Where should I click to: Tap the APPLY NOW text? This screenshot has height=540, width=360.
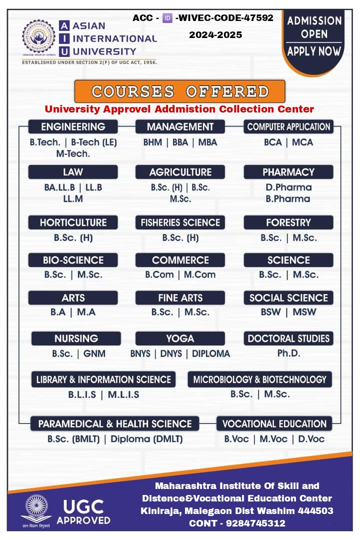(314, 51)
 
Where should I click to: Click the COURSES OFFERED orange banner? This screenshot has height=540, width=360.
(179, 91)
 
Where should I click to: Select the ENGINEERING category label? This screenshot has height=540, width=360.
(73, 126)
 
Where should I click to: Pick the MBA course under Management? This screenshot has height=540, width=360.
(207, 142)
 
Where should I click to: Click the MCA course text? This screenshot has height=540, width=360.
(302, 142)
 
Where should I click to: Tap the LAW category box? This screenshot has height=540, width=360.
(73, 172)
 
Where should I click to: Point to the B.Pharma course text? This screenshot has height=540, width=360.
(288, 198)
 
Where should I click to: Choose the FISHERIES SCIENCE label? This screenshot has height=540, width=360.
(180, 222)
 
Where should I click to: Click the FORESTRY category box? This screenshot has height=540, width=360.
(288, 222)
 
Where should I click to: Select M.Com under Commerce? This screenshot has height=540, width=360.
(199, 274)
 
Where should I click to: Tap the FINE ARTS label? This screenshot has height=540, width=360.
(180, 298)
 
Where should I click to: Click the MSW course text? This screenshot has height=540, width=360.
(304, 312)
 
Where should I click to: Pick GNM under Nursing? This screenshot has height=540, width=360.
(94, 353)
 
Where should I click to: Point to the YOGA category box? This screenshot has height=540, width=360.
(180, 338)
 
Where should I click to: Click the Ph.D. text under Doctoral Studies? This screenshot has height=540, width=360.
(288, 353)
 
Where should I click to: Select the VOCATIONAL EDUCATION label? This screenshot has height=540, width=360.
(274, 424)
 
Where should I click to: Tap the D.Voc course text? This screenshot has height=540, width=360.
(311, 439)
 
